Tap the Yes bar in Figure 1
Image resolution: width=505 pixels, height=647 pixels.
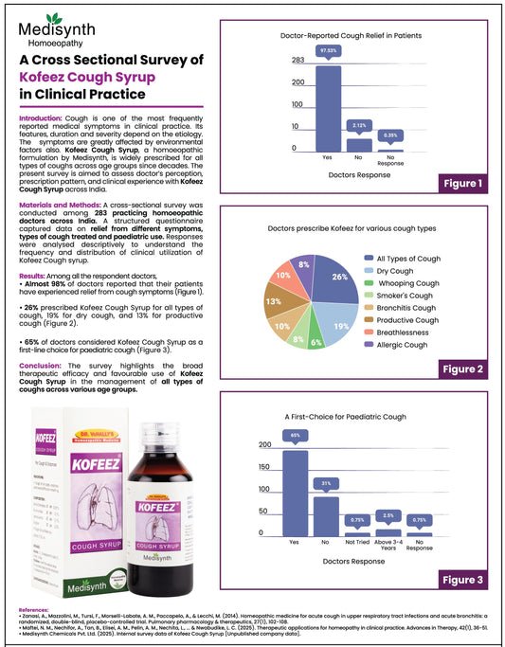(x=327, y=108)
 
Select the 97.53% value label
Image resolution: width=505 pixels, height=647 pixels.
(x=327, y=48)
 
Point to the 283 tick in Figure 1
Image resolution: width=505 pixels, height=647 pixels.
(x=298, y=61)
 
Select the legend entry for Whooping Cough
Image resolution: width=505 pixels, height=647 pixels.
(x=408, y=283)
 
